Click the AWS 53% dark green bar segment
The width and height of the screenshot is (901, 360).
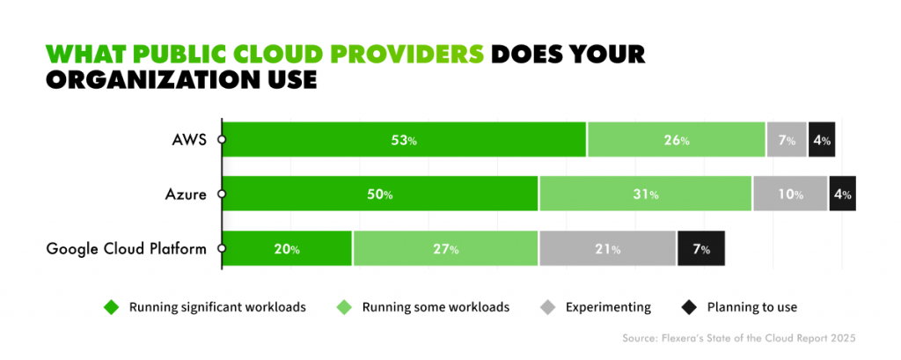404,140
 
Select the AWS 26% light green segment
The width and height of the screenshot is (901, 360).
676,140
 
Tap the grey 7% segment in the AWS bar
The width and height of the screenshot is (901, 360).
786,140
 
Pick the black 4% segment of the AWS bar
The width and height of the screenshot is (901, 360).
821,140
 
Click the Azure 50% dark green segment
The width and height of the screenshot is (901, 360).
380,194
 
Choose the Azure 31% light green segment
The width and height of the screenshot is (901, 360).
645,194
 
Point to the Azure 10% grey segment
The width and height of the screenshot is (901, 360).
789,194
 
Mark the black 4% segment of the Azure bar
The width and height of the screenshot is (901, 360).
842,194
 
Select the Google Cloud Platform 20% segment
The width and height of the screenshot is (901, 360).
287,248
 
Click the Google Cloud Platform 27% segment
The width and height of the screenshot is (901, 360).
445,248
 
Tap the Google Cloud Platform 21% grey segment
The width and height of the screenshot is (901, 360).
607,248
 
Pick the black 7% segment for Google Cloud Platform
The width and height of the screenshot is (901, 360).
701,248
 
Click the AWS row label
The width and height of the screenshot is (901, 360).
190,140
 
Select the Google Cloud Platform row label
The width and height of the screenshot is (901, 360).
126,248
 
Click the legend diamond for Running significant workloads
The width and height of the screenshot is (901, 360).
111,307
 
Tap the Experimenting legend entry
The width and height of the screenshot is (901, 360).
608,307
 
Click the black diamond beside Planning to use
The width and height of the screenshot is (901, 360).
689,307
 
